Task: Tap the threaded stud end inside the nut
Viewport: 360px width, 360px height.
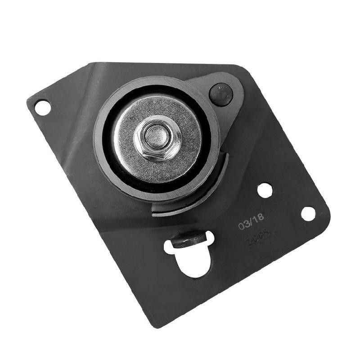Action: pyautogui.click(x=156, y=136)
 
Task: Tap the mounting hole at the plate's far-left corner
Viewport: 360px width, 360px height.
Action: pyautogui.click(x=42, y=108)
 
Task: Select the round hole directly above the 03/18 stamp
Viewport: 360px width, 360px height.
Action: pyautogui.click(x=265, y=190)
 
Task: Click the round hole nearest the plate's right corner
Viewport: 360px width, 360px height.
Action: pyautogui.click(x=308, y=213)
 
